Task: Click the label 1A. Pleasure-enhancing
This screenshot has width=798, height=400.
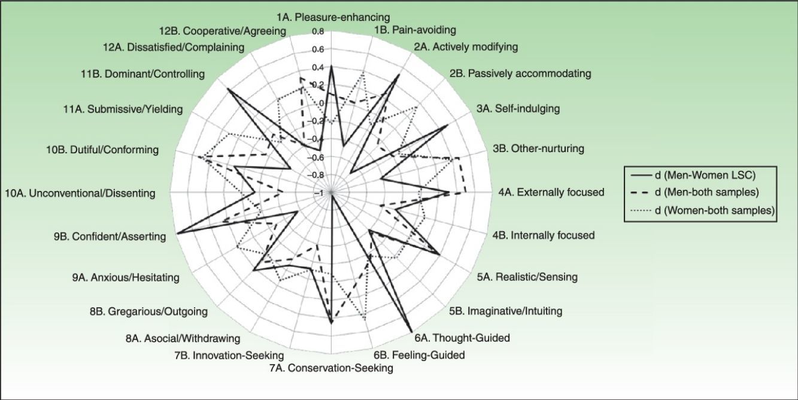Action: [333, 17]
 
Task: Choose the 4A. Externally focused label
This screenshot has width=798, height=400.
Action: [551, 192]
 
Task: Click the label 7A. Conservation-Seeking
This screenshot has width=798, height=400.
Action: [331, 368]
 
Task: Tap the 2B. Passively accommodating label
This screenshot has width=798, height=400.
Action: [520, 74]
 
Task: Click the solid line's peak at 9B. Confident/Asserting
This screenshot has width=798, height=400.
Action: [178, 234]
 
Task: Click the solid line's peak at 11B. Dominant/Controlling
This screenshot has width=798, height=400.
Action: [227, 89]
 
